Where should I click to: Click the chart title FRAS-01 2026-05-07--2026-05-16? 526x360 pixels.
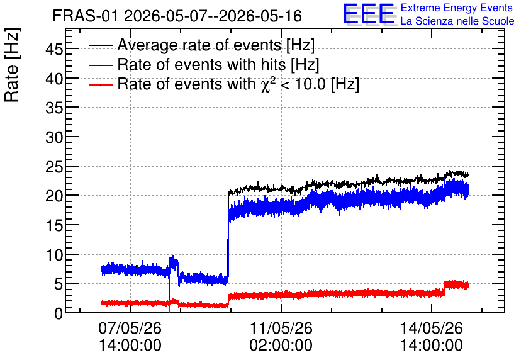(177, 16)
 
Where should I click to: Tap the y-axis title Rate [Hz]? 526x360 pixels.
(12, 65)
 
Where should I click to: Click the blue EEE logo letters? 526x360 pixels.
(369, 14)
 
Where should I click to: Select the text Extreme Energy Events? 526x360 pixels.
(457, 8)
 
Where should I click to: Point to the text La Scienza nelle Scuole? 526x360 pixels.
(457, 21)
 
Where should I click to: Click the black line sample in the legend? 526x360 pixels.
(100, 45)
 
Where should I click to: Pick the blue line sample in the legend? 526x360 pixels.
(100, 65)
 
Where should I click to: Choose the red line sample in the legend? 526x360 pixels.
(100, 85)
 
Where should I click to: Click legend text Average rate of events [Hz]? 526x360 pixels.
(216, 45)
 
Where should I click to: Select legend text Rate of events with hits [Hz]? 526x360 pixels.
(218, 64)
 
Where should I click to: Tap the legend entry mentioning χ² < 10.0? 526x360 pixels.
(238, 84)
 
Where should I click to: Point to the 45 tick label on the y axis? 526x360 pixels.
(54, 49)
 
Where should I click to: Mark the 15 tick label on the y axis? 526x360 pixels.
(54, 225)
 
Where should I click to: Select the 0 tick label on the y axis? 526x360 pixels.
(59, 313)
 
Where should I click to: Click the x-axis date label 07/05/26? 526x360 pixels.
(130, 328)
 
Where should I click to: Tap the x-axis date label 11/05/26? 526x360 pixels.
(281, 328)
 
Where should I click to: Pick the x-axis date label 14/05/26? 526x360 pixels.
(432, 328)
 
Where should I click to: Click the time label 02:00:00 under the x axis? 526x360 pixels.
(281, 346)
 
